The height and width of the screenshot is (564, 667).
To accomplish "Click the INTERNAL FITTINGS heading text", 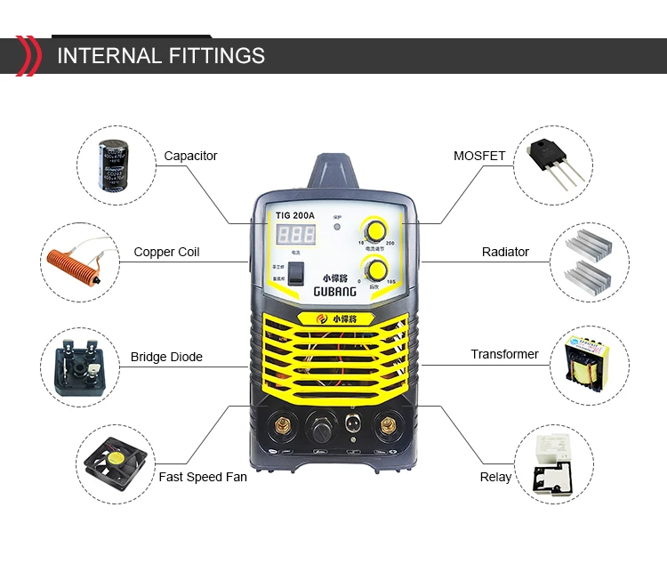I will (x=161, y=56).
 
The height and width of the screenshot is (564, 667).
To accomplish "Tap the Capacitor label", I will (x=190, y=156).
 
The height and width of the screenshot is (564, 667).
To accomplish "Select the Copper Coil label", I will (x=166, y=252).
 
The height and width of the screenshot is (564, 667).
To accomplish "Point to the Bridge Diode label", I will (x=166, y=357).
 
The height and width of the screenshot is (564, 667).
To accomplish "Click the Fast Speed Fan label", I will (x=203, y=477).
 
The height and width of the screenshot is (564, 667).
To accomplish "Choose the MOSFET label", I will (x=479, y=156).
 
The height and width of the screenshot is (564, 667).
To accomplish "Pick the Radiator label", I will (x=505, y=252).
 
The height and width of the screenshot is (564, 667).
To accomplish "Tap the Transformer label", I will (x=504, y=354).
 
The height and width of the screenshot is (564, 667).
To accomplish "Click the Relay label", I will (x=495, y=477).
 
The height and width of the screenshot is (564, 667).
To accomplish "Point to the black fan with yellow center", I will (x=115, y=464).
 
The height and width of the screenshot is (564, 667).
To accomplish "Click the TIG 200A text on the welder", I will (x=289, y=214).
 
